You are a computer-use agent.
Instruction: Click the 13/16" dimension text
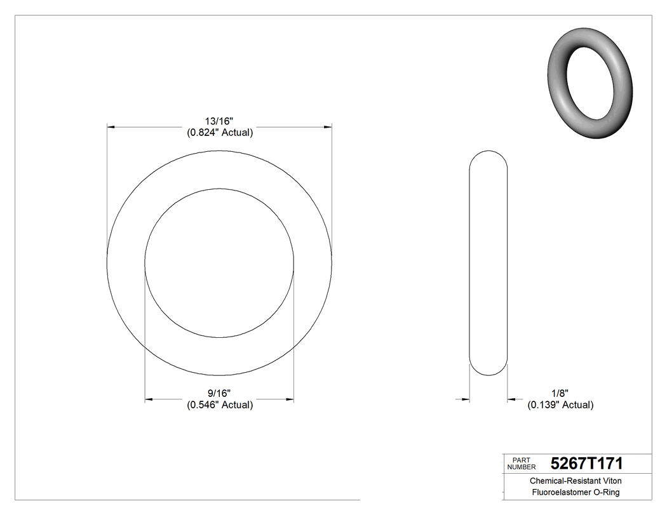pyautogui.click(x=219, y=121)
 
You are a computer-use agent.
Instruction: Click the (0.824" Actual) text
pyautogui.click(x=219, y=133)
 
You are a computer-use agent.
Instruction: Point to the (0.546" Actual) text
pyautogui.click(x=219, y=405)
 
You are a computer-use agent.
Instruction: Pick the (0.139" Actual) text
pyautogui.click(x=560, y=405)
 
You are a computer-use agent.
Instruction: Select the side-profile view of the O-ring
pyautogui.click(x=488, y=262)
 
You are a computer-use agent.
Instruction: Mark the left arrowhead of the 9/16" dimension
pyautogui.click(x=149, y=399)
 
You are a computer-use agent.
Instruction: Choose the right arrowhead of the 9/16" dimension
pyautogui.click(x=290, y=399)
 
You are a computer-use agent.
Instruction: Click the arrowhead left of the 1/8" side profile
pyautogui.click(x=465, y=399)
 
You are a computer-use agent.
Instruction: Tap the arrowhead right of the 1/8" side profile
pyautogui.click(x=511, y=399)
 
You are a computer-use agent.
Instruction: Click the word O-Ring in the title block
pyautogui.click(x=606, y=493)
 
